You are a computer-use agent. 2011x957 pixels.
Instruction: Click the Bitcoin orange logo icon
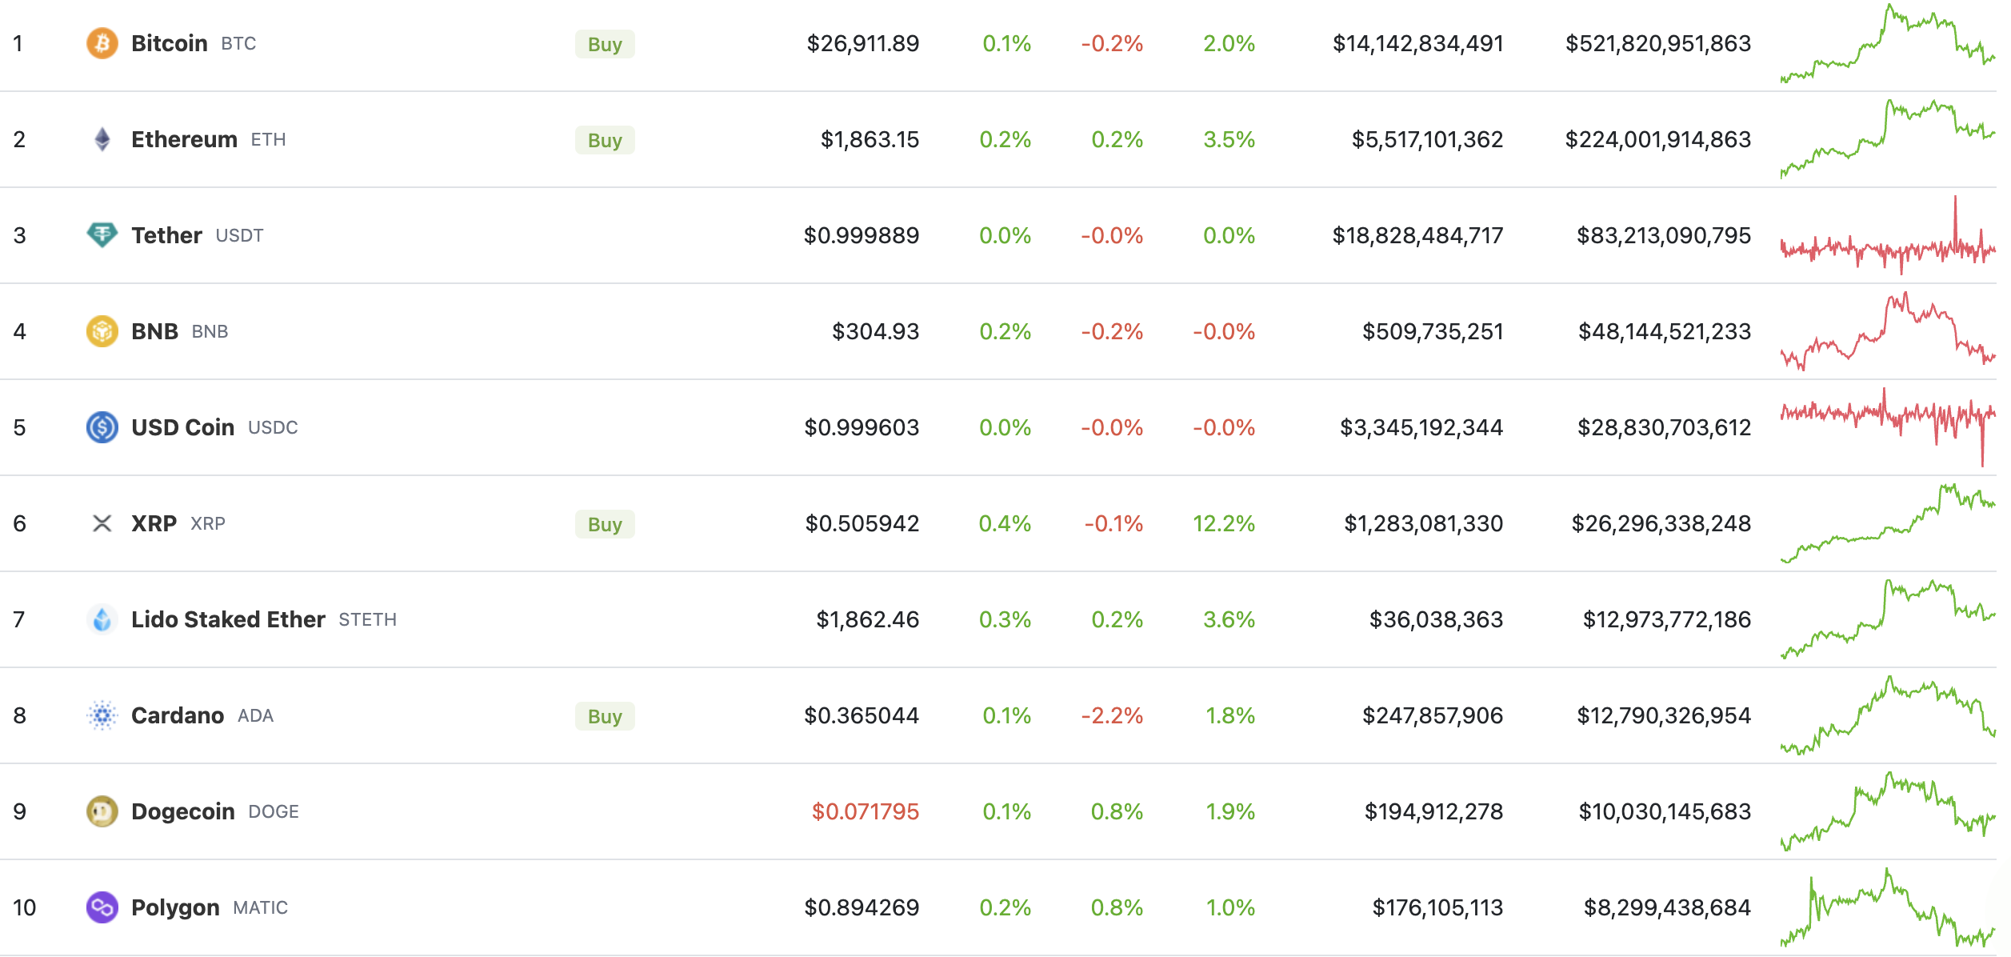102,43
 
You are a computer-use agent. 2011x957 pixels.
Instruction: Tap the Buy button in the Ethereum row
605,140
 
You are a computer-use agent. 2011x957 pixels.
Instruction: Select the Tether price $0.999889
861,235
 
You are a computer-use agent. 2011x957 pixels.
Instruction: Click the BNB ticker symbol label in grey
210,331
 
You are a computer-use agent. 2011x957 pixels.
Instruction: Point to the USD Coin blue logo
102,427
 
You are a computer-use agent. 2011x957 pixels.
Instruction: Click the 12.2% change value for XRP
1223,523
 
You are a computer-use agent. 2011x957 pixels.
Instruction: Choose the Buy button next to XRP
605,524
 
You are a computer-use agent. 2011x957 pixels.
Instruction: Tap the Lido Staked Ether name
228,619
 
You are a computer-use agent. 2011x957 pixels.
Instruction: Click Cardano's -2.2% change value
1112,715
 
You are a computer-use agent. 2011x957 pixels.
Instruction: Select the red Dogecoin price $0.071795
865,811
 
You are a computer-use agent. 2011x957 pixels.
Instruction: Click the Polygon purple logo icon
102,907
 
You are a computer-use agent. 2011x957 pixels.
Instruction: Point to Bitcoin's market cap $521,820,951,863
1657,43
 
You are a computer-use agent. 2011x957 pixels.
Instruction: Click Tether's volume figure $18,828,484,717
1417,235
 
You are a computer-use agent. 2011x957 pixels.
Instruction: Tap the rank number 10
24,907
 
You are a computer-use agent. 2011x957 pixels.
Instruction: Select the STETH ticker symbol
367,619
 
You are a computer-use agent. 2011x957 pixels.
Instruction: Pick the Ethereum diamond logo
102,139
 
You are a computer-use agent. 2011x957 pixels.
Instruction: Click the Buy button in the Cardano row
605,716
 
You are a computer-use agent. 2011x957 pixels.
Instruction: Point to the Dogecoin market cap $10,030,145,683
1664,811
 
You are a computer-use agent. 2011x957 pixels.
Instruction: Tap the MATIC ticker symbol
260,907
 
